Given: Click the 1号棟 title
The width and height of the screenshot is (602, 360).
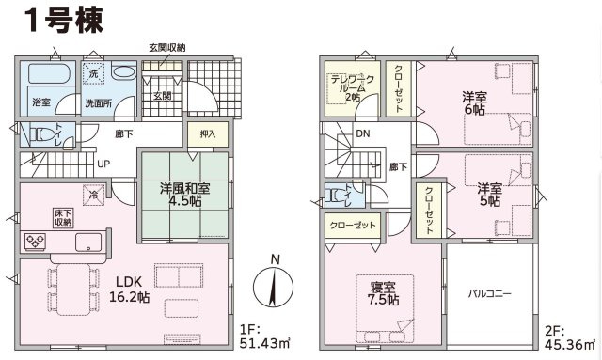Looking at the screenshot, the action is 64,21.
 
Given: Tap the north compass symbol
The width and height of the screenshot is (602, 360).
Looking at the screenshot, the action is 274,283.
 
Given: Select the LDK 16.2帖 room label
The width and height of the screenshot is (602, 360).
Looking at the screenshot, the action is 130,289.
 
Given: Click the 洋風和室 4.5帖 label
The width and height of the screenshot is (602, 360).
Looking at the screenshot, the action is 185,195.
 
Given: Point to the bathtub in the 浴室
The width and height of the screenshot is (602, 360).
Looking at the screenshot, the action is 49,73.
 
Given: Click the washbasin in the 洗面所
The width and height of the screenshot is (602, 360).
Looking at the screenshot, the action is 124,71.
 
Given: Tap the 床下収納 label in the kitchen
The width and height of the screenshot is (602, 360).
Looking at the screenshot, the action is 63,218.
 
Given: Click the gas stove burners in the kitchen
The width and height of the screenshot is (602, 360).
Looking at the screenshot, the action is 35,241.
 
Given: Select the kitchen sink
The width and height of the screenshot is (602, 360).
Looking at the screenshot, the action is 88,242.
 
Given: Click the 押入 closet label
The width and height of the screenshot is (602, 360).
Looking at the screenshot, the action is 208,134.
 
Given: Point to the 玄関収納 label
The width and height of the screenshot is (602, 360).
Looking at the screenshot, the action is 167,48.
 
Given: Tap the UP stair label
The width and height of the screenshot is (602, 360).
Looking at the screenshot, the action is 103,164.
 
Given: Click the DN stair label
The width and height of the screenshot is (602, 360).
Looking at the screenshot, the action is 363,133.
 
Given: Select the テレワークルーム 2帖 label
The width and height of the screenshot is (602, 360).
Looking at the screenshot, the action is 353,88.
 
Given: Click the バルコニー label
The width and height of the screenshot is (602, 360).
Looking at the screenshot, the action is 489,294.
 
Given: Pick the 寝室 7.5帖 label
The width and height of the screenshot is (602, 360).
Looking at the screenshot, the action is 383,293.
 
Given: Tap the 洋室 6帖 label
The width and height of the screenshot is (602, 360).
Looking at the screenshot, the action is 474,102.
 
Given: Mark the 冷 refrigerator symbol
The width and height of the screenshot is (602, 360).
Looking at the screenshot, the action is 94,195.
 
